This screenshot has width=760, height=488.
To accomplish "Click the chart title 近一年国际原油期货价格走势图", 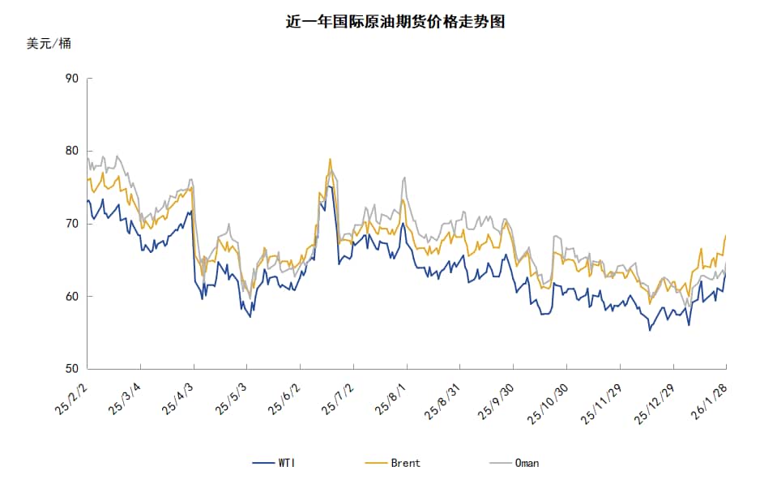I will coord(395,22).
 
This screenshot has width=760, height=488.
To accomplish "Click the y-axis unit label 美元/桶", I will coord(49,44).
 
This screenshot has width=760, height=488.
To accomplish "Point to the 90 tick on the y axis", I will coord(71,79).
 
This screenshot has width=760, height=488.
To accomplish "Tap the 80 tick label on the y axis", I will coord(71,151).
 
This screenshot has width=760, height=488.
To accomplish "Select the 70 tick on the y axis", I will coord(71,224).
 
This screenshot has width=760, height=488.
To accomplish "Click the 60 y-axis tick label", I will coord(71,297).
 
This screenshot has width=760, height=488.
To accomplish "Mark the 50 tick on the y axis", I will coord(71,369).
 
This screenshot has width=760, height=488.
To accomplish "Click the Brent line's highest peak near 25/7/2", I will coord(330,159).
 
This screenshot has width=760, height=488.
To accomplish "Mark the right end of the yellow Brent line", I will coord(725,235).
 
